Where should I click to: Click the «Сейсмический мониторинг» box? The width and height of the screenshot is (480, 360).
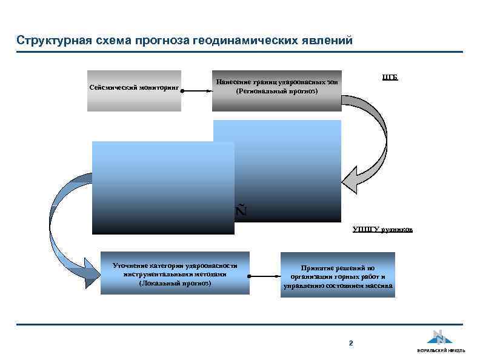click(134, 91)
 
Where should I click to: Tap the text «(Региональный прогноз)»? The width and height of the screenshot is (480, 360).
click(276, 92)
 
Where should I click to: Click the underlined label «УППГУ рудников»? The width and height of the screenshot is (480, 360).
click(382, 229)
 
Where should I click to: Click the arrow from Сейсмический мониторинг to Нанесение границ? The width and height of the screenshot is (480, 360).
click(196, 92)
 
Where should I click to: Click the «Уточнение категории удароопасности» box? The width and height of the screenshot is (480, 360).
click(175, 273)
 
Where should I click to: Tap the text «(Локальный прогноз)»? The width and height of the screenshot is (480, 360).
click(175, 283)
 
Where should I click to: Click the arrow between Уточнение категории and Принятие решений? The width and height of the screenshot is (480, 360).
click(264, 276)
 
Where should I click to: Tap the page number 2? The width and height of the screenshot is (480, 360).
click(350, 344)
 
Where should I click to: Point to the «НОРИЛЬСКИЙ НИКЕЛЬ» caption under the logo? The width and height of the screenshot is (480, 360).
click(441, 352)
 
